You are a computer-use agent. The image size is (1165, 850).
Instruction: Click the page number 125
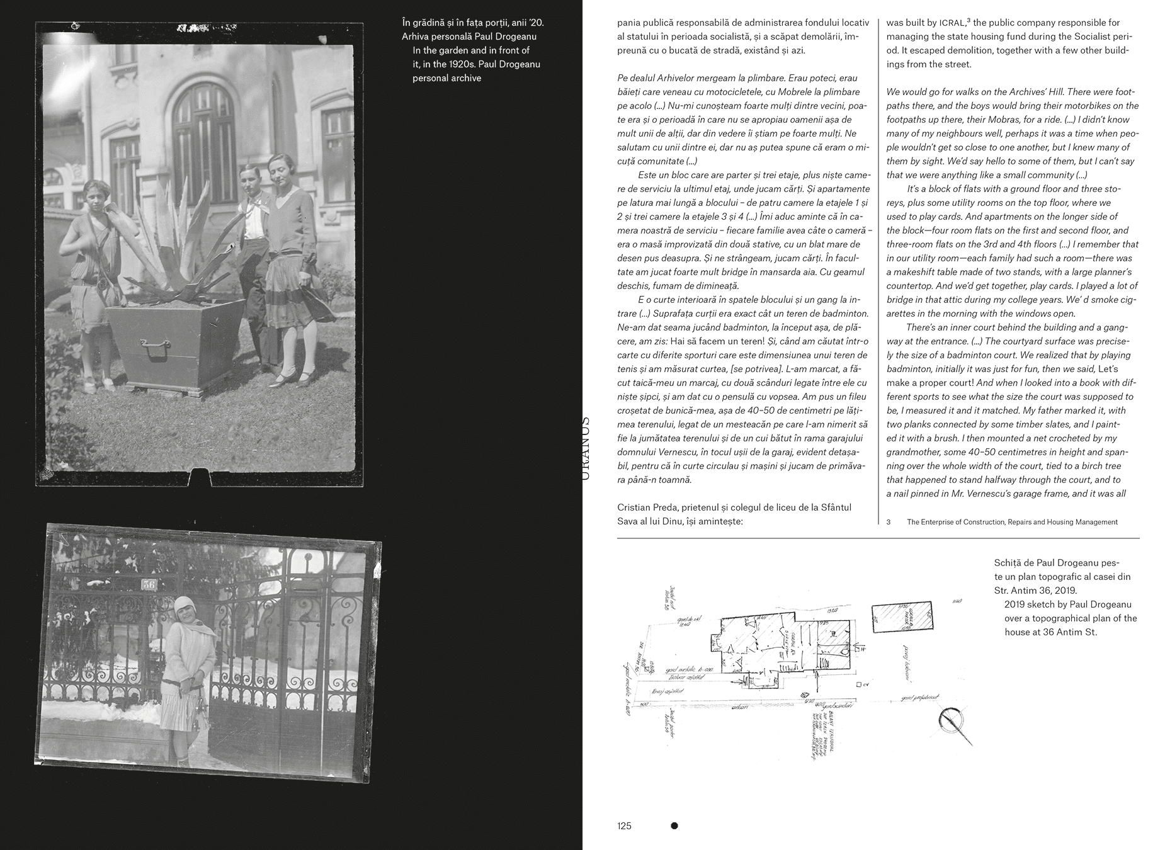(624, 826)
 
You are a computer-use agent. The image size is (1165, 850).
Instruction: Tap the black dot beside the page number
(674, 826)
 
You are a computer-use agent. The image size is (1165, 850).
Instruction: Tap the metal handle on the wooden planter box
(154, 344)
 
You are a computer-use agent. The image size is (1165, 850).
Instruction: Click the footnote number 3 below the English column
(889, 522)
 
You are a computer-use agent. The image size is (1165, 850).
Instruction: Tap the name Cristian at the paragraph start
(635, 507)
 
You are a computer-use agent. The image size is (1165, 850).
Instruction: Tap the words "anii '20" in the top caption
(526, 23)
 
